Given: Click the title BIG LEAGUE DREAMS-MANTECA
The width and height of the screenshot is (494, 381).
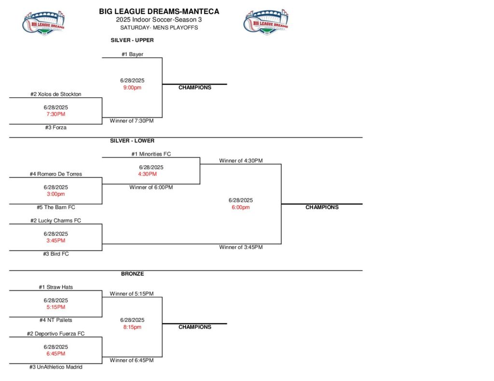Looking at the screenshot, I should pyautogui.click(x=159, y=11).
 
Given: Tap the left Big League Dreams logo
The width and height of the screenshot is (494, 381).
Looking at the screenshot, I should pyautogui.click(x=44, y=22).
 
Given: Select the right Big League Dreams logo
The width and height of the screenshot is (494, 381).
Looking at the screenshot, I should pyautogui.click(x=266, y=22).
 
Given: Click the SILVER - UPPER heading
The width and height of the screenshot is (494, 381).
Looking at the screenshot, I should pyautogui.click(x=132, y=40).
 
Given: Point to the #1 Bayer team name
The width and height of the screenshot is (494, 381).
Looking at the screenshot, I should pyautogui.click(x=132, y=54).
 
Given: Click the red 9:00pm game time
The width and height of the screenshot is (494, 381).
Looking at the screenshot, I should pyautogui.click(x=132, y=88).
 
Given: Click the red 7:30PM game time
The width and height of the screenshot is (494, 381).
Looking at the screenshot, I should pyautogui.click(x=55, y=114).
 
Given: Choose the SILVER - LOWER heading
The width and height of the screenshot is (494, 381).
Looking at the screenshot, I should pyautogui.click(x=132, y=141).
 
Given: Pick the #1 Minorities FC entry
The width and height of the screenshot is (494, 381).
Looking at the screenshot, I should pyautogui.click(x=151, y=154).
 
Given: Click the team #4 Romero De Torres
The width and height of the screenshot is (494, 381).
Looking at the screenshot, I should pyautogui.click(x=55, y=174).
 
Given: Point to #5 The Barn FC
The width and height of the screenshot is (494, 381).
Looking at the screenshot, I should pyautogui.click(x=55, y=207).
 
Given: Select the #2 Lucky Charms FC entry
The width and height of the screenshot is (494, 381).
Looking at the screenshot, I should pyautogui.click(x=55, y=221).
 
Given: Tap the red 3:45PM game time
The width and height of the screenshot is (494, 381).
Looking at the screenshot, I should pyautogui.click(x=55, y=240).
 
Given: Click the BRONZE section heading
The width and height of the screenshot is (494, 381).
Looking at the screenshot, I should pyautogui.click(x=132, y=274).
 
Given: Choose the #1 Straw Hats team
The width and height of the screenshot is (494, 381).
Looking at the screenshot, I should pyautogui.click(x=55, y=287).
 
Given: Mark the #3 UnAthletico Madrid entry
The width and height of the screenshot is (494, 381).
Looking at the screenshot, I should pyautogui.click(x=55, y=367).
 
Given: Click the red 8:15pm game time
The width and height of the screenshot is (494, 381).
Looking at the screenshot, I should pyautogui.click(x=132, y=327).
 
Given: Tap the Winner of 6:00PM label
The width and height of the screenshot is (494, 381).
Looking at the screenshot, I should pyautogui.click(x=151, y=187).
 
